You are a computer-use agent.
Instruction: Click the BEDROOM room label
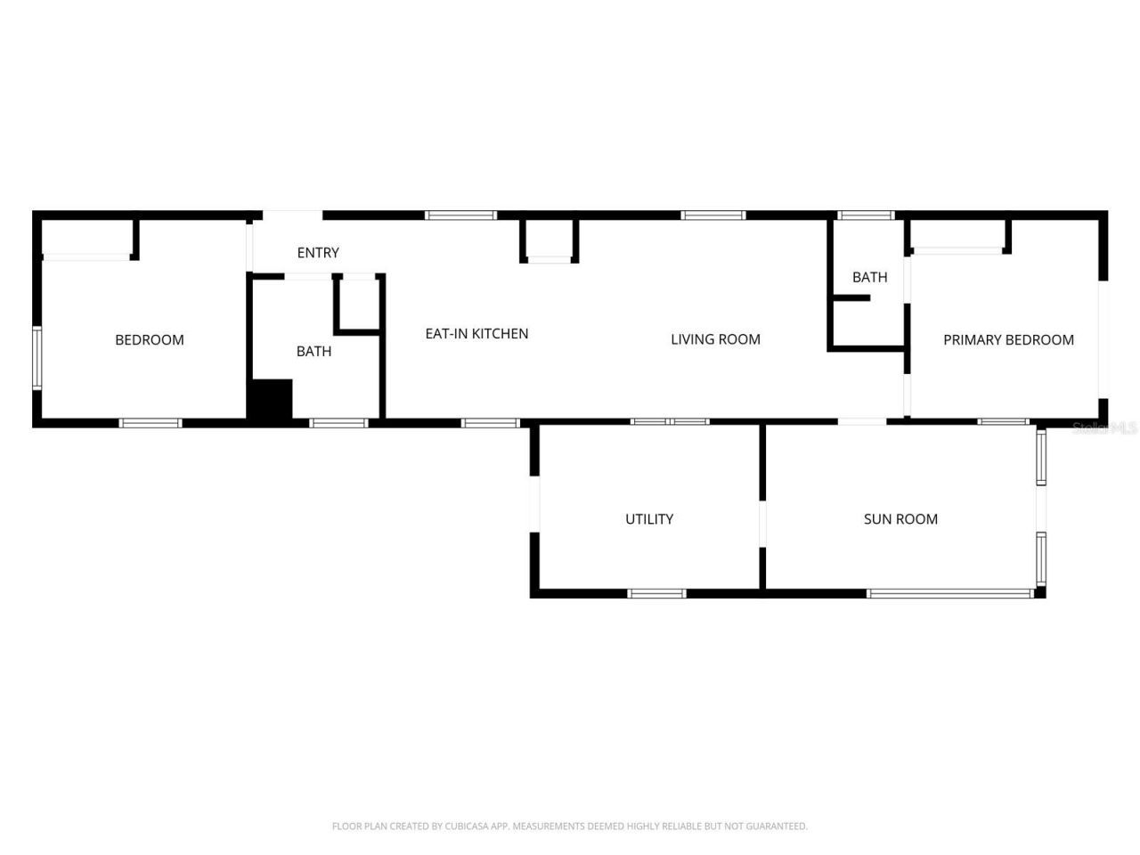(x=150, y=339)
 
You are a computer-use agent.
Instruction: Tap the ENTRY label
(x=318, y=253)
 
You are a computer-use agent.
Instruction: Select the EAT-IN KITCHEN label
(x=476, y=333)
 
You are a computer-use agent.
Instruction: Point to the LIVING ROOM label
(x=715, y=339)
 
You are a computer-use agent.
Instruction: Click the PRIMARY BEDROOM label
(x=1008, y=339)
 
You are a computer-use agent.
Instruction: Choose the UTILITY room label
(x=649, y=519)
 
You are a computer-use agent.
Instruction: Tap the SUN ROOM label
(x=900, y=519)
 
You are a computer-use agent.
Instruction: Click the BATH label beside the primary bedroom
(x=869, y=277)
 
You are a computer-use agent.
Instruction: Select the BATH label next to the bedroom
(x=313, y=351)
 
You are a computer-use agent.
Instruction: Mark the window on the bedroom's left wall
(x=37, y=358)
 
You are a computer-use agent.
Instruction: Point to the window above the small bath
(x=866, y=215)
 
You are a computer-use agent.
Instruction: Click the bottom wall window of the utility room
(x=656, y=593)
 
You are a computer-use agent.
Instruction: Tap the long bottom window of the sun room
(x=949, y=593)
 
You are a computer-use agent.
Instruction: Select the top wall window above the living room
(x=713, y=215)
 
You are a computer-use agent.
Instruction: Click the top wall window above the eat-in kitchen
(x=460, y=215)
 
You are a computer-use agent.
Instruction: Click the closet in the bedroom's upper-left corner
(x=86, y=238)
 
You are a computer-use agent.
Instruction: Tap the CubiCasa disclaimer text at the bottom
(x=570, y=826)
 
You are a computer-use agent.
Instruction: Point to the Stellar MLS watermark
(x=1104, y=428)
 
